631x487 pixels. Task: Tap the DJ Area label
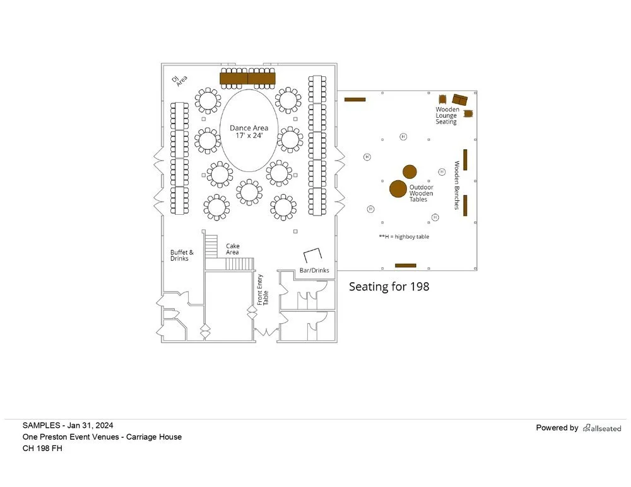pyautogui.click(x=180, y=81)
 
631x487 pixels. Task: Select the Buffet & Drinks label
pyautogui.click(x=182, y=255)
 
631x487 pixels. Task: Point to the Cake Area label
pyautogui.click(x=233, y=249)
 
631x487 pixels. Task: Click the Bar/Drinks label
pyautogui.click(x=314, y=270)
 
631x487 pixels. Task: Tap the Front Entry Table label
pyautogui.click(x=262, y=290)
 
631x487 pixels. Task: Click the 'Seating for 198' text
pyautogui.click(x=389, y=287)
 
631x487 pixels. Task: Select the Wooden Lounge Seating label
pyautogui.click(x=447, y=115)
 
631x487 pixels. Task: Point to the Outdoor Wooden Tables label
pyautogui.click(x=422, y=193)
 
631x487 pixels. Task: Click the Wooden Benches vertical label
pyautogui.click(x=457, y=185)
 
